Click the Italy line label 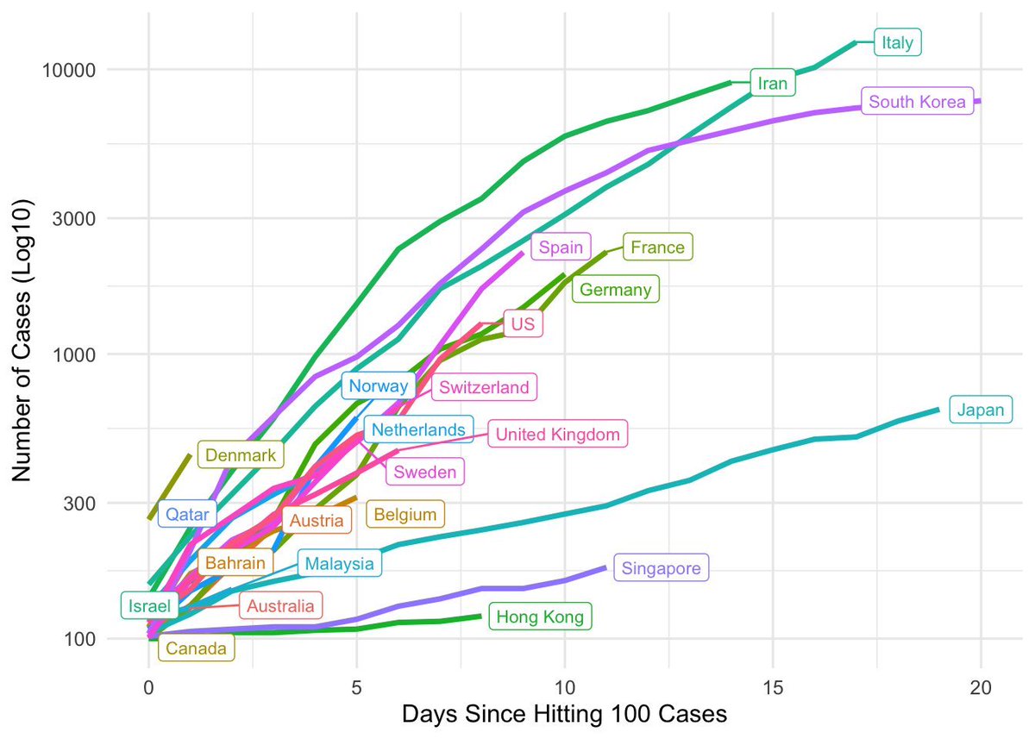898,42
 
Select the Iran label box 772,83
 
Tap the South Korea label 918,102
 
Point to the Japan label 981,410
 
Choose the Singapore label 660,568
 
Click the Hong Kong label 540,617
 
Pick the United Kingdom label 557,435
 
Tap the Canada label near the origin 196,648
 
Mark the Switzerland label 484,387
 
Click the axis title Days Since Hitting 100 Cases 565,716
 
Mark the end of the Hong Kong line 480,616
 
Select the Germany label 615,290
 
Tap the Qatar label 187,515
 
